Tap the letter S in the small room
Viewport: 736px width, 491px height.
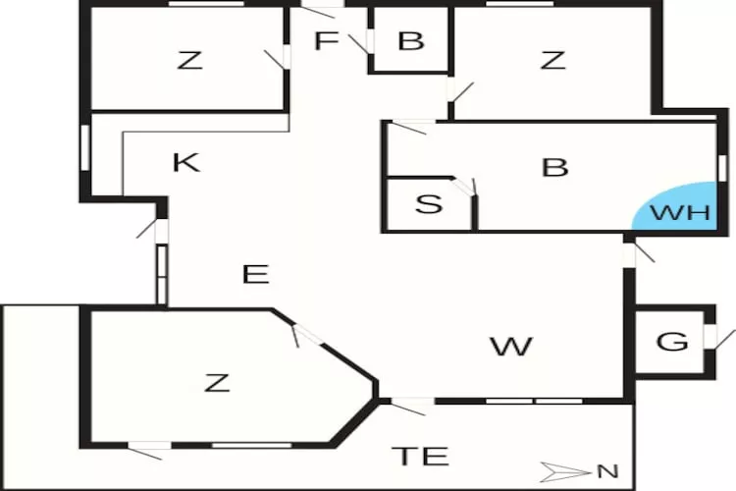tap(429, 204)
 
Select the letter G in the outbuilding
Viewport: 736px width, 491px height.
tap(672, 341)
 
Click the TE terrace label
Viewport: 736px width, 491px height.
tap(420, 457)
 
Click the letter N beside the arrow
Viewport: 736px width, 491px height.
tap(607, 471)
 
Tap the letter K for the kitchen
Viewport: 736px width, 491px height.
tap(186, 163)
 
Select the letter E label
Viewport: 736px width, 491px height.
tap(256, 274)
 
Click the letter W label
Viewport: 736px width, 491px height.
tap(511, 347)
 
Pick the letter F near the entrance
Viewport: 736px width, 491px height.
tap(326, 40)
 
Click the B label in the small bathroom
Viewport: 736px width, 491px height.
tap(411, 40)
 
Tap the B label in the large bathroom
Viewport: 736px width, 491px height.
tap(554, 167)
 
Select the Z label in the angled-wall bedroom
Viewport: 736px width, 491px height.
tap(217, 382)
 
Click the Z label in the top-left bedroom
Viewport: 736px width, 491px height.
tap(189, 60)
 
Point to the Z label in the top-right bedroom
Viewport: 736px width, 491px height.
tap(553, 60)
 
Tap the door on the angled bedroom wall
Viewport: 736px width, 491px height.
tap(307, 335)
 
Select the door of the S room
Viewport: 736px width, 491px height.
tap(465, 187)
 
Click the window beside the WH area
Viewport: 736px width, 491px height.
tap(723, 168)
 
